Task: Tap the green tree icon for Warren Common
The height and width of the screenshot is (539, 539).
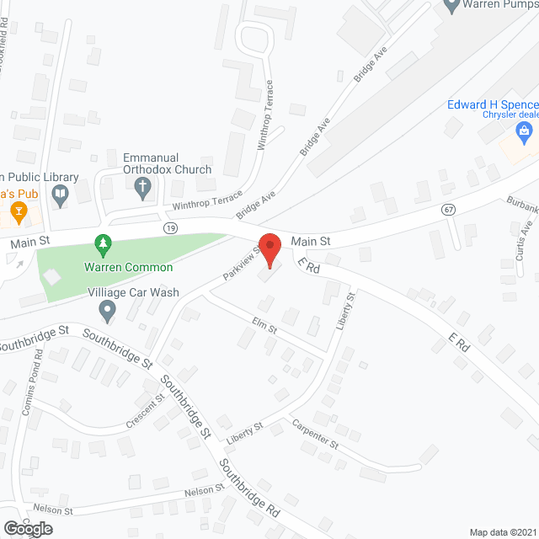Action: (103, 246)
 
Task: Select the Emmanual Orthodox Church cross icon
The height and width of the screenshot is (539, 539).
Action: (143, 189)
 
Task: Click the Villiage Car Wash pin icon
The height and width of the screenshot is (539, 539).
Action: (107, 311)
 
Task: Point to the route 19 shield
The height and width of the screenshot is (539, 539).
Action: (171, 227)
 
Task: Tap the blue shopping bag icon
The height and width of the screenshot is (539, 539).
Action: (524, 131)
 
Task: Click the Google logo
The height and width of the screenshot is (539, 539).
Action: (27, 528)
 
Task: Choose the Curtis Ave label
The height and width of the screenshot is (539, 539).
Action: (526, 240)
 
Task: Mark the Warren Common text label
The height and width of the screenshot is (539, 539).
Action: (128, 268)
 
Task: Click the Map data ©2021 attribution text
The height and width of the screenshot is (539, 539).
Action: (502, 531)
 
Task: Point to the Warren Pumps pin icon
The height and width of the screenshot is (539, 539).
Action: (451, 5)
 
